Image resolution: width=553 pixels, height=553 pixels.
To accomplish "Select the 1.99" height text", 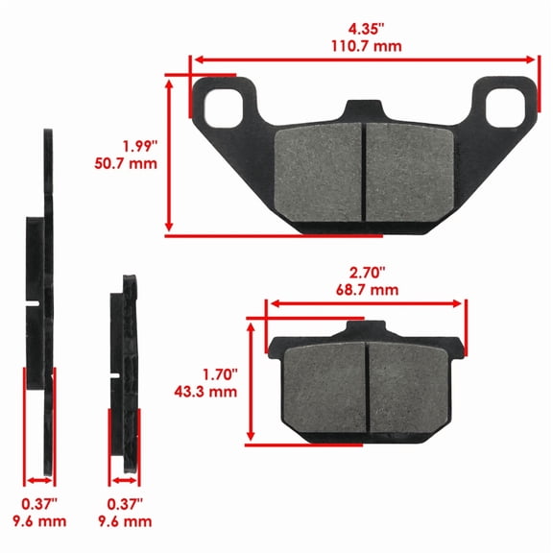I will click(x=139, y=146).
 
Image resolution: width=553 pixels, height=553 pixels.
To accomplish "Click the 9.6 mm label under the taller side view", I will click(x=41, y=521).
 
